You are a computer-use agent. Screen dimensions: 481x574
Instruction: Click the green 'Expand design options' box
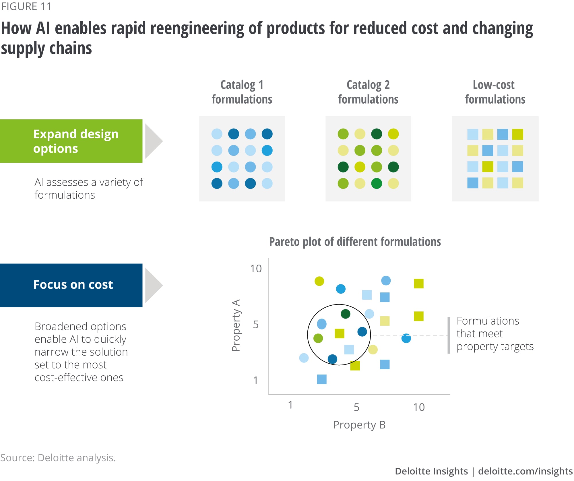(x=71, y=141)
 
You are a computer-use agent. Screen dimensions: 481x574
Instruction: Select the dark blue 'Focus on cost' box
(x=71, y=285)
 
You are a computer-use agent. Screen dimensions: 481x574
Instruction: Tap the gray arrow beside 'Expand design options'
(x=153, y=141)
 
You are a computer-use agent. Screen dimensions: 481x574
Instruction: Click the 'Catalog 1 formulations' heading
(x=242, y=92)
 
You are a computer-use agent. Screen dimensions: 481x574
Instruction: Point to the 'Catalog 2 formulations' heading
(x=368, y=92)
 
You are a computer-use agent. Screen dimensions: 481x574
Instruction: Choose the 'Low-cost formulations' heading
(x=495, y=92)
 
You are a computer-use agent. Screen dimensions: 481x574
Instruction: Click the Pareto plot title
(x=355, y=242)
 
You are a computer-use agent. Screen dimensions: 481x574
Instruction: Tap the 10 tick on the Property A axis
(x=256, y=269)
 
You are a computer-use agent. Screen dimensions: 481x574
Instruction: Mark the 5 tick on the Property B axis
(x=356, y=407)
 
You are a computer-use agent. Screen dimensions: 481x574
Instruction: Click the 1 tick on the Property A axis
(x=255, y=381)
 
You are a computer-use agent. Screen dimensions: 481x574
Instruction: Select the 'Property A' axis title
(x=236, y=325)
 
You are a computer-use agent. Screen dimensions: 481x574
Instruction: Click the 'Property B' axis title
(x=359, y=425)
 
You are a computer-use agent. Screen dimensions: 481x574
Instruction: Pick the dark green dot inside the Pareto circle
(x=346, y=314)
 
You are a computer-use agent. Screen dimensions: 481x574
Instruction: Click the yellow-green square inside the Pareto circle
(x=340, y=333)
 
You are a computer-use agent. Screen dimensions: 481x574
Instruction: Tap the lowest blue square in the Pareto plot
(x=322, y=379)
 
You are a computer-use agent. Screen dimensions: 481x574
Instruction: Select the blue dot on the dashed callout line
(x=406, y=338)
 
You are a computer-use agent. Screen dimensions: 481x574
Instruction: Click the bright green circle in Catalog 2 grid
(x=377, y=183)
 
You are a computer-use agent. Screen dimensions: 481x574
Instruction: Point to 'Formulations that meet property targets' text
(x=495, y=334)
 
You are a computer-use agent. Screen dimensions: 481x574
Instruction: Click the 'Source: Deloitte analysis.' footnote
(x=58, y=458)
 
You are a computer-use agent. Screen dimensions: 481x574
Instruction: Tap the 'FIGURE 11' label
(x=26, y=6)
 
